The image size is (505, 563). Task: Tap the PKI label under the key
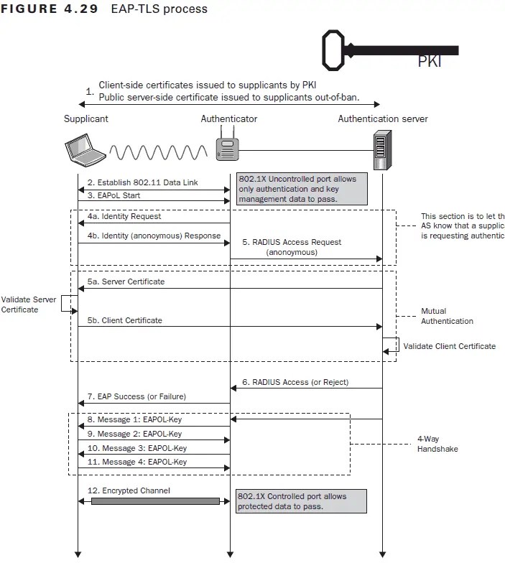coord(430,62)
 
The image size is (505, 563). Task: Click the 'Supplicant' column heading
coord(85,118)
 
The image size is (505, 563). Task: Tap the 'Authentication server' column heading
coord(383,118)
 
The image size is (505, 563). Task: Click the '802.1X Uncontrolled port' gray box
coord(297,188)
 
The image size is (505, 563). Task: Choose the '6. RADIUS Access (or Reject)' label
coord(295,383)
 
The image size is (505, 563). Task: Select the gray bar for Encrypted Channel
coord(155,501)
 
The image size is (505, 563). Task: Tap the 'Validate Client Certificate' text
coord(449,346)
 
